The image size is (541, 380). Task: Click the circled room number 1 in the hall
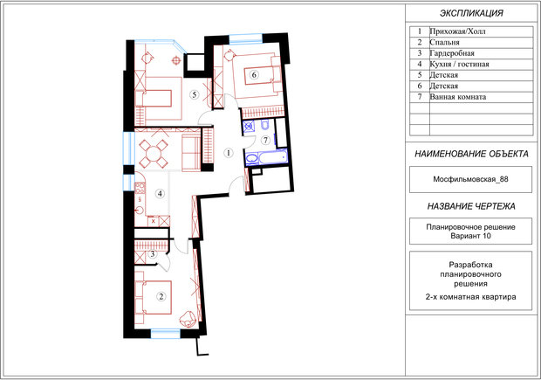(228, 152)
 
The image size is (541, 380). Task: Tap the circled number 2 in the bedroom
(161, 296)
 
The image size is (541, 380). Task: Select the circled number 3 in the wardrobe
(152, 254)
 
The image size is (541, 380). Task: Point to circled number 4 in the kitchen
(160, 193)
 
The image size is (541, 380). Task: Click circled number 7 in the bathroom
(265, 140)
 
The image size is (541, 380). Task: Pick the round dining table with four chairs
(154, 153)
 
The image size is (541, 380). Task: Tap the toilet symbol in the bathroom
(265, 124)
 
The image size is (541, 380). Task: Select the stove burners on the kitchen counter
(140, 188)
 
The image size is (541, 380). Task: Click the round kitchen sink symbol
(140, 210)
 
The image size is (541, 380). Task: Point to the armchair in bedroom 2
(188, 319)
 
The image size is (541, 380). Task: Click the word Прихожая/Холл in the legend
(457, 31)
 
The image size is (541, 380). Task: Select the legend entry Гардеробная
(452, 53)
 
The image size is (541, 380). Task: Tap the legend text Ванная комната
(458, 97)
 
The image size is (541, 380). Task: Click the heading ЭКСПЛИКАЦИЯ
(471, 13)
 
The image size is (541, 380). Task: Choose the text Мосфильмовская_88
(470, 179)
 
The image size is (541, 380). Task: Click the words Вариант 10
(470, 236)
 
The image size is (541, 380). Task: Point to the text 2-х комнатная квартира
(470, 297)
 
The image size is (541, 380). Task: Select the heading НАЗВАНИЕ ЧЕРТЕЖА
(471, 206)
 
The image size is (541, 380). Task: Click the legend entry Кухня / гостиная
(459, 65)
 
